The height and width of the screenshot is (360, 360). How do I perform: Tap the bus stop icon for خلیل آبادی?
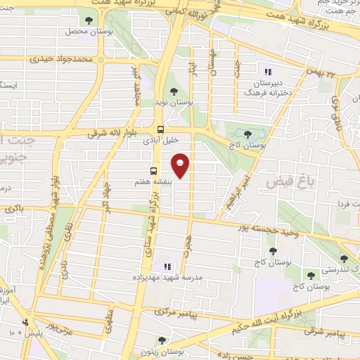(x=161, y=129)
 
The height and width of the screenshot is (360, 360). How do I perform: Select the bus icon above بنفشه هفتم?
(x=153, y=171)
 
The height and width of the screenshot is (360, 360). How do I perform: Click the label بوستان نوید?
(x=174, y=103)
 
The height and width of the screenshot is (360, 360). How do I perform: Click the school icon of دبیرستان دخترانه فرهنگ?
(x=267, y=72)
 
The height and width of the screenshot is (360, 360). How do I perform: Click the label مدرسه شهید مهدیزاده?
(x=167, y=278)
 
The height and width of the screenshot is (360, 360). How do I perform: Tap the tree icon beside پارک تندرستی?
(x=343, y=259)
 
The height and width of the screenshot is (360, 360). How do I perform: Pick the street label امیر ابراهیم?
(x=237, y=190)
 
